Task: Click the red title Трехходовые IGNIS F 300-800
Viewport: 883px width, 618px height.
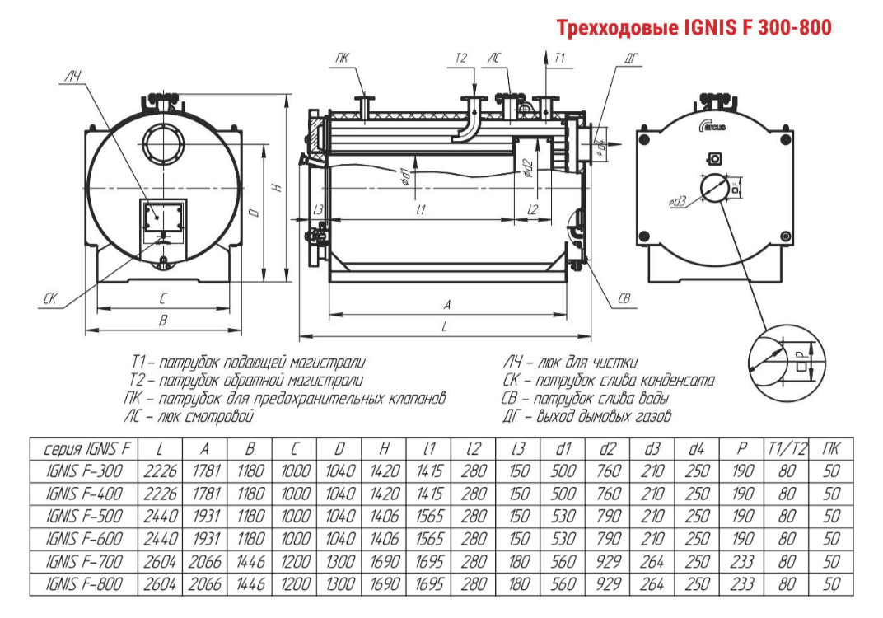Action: point(694,29)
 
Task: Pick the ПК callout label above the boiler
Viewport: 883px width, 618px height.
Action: point(342,58)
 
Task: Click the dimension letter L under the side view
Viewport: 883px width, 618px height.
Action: point(445,328)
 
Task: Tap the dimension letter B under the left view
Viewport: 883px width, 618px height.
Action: point(162,321)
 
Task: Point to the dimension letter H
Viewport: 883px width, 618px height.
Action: point(278,187)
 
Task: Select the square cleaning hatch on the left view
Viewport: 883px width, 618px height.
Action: point(162,217)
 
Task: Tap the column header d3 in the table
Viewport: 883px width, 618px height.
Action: point(652,449)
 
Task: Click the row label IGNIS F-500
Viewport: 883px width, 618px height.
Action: point(85,517)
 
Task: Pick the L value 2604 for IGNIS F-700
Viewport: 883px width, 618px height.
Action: point(162,562)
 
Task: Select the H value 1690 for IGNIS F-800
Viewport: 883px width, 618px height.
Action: point(385,584)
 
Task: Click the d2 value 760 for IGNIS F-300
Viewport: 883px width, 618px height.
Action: point(607,471)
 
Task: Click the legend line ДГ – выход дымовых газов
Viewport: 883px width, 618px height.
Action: point(586,417)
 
